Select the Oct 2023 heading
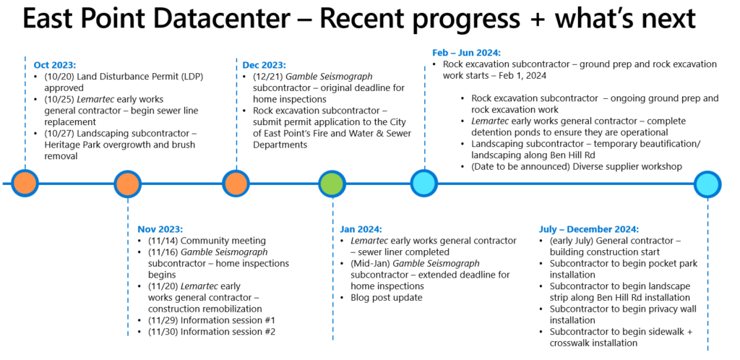(x=55, y=64)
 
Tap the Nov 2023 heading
(x=160, y=229)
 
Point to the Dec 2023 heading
(x=264, y=64)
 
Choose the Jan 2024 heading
(x=361, y=229)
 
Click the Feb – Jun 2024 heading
(x=467, y=52)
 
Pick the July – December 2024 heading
(x=589, y=229)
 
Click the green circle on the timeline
(x=332, y=183)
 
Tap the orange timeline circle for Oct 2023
(x=25, y=183)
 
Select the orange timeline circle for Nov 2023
(x=127, y=183)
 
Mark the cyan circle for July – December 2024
(x=707, y=183)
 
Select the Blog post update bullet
(x=387, y=297)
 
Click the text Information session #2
(x=228, y=331)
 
